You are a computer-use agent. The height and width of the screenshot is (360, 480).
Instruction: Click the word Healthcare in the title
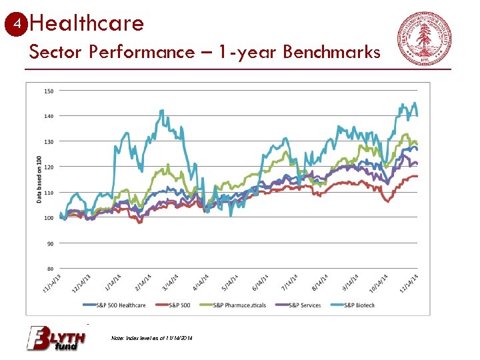(x=87, y=24)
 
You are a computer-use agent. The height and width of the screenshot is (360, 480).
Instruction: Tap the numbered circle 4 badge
(x=17, y=24)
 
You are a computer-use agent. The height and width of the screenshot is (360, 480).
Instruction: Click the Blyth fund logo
(x=56, y=338)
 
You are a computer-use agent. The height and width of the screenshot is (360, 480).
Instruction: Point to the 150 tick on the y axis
(x=49, y=91)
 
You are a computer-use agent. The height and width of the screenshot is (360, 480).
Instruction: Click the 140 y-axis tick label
(x=49, y=116)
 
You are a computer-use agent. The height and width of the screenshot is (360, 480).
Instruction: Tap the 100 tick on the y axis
(x=49, y=218)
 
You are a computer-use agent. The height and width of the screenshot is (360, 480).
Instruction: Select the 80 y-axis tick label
(x=49, y=269)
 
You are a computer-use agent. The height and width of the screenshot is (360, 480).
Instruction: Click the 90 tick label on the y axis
(x=49, y=243)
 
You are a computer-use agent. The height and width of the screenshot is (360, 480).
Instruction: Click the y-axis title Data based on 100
(x=38, y=179)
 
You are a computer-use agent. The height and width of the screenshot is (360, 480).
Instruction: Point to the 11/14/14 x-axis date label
(x=409, y=284)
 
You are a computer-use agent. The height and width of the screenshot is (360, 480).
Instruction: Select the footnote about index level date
(x=152, y=339)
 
